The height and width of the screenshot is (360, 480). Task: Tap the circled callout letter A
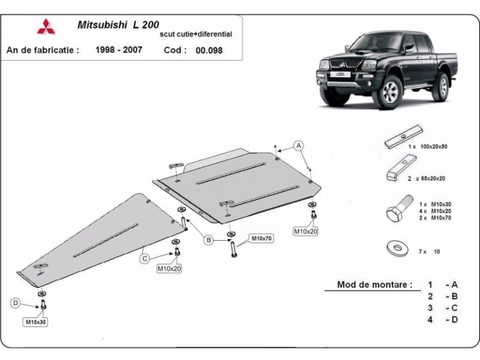[x=299, y=145]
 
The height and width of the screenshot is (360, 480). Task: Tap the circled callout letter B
[x=209, y=240]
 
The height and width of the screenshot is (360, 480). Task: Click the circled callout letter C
[x=144, y=259]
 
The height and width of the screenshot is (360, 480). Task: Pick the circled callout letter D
[x=14, y=302]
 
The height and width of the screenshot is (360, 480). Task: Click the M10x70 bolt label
[x=261, y=238]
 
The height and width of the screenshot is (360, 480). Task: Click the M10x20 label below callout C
[x=170, y=269]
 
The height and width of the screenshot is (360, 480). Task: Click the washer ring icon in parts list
[x=396, y=247]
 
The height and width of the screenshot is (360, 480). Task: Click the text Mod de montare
[x=374, y=285]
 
